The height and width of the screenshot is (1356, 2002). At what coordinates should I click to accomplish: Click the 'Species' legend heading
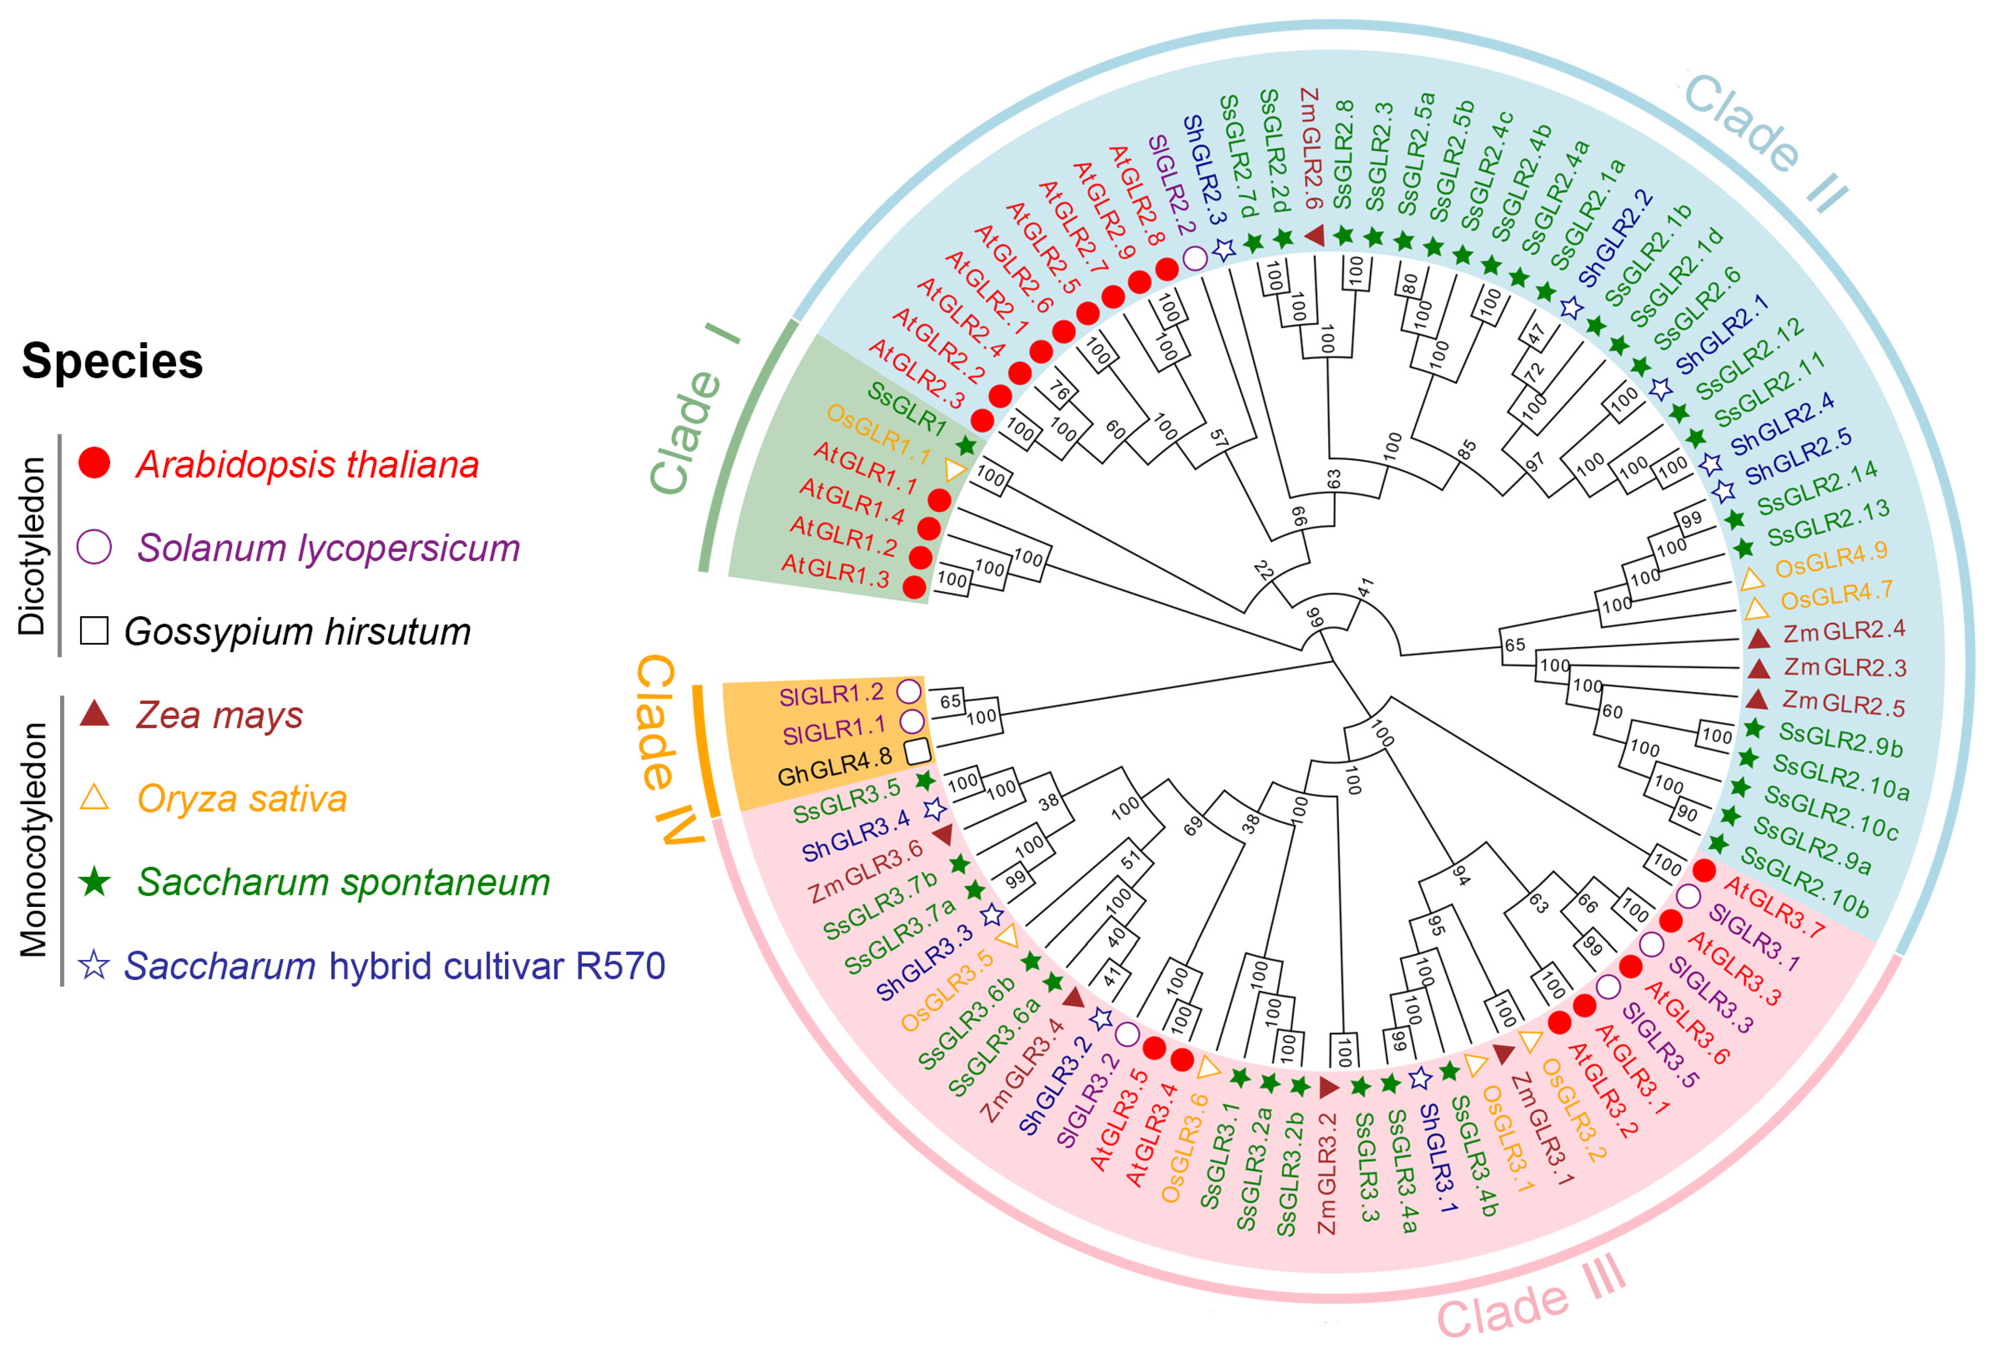click(112, 361)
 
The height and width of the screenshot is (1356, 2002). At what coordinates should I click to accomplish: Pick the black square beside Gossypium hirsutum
click(94, 631)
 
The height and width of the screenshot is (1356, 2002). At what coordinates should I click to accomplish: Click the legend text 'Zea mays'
click(220, 715)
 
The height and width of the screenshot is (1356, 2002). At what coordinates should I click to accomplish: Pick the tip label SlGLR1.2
click(831, 694)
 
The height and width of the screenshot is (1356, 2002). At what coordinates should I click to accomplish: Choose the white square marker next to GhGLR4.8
click(918, 751)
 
